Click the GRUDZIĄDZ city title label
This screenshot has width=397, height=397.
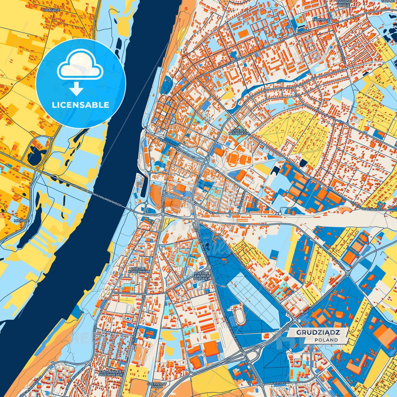click(318, 332)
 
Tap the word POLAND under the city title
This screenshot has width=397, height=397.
click(326, 340)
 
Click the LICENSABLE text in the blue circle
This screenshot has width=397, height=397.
click(81, 105)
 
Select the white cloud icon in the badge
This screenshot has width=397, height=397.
click(80, 66)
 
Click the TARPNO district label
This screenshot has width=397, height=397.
click(320, 20)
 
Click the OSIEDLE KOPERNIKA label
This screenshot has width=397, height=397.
click(139, 270)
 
